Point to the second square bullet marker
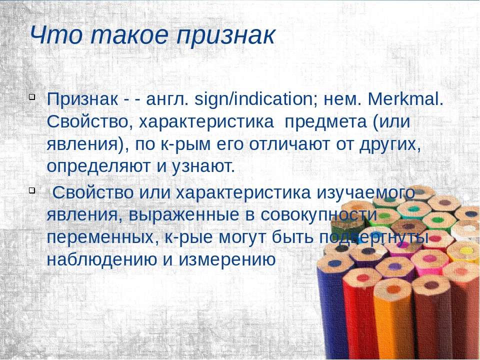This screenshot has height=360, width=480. (32, 190)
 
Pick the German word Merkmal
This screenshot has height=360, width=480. (405, 99)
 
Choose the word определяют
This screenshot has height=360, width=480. (99, 167)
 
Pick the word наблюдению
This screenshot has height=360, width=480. (101, 259)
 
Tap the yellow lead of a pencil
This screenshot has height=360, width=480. (467, 251)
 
